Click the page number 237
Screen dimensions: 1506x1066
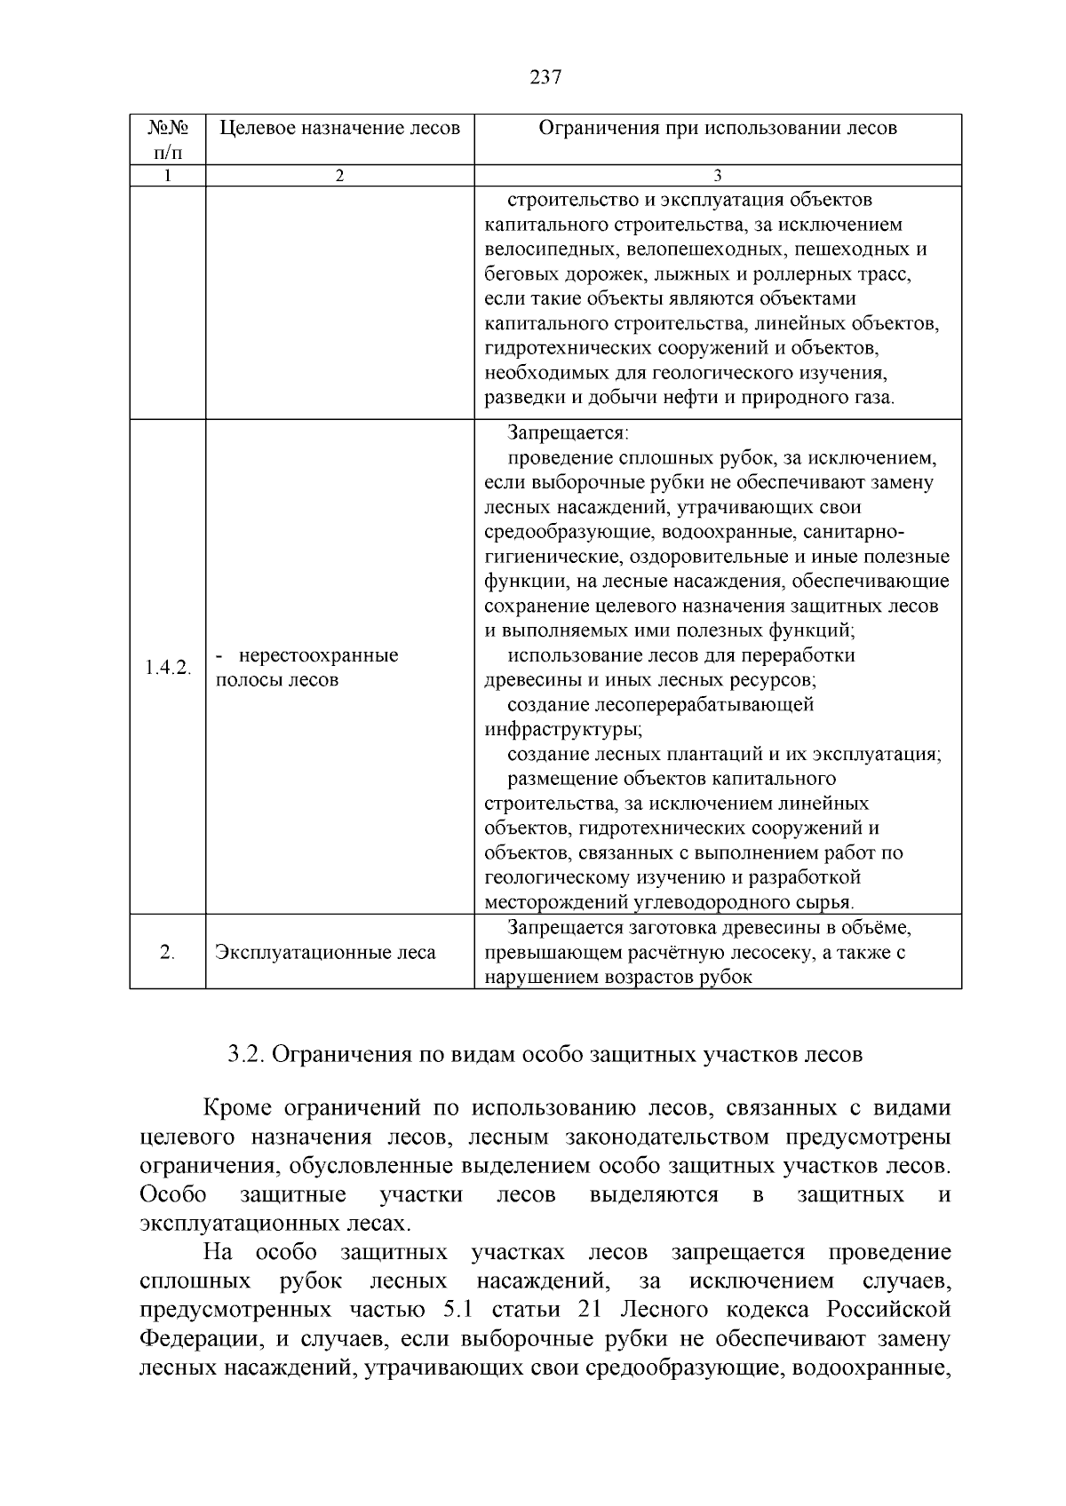[545, 77]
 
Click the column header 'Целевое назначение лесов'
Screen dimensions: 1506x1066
[339, 128]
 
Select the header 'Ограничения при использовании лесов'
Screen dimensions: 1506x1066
[718, 128]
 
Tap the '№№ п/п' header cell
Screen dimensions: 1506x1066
[167, 139]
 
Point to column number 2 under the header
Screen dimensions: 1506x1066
[339, 176]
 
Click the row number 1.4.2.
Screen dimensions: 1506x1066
[167, 668]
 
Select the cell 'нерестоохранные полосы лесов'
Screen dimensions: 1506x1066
[306, 668]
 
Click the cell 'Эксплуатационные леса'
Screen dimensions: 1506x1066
[325, 953]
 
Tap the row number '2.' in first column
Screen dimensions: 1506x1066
[167, 953]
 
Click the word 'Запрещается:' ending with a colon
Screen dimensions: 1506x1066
[568, 433]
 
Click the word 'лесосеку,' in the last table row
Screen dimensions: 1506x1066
[793, 953]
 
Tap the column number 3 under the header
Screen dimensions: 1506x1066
[718, 176]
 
